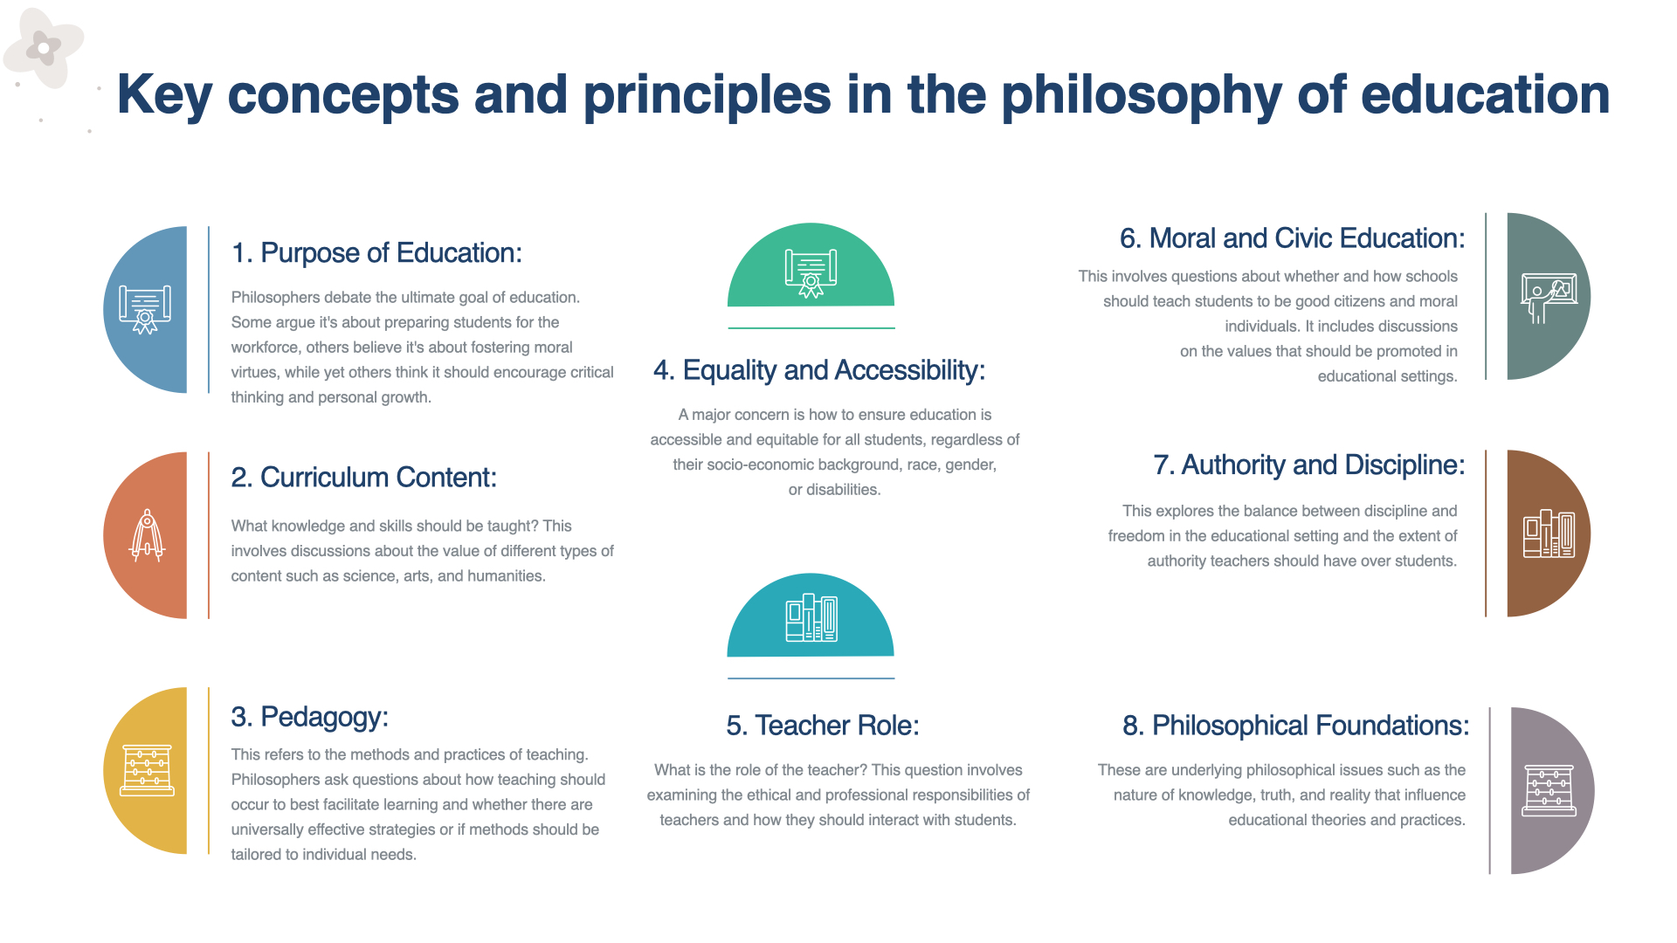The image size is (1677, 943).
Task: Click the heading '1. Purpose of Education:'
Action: tap(376, 253)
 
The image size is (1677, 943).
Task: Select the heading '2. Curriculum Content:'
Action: tap(364, 478)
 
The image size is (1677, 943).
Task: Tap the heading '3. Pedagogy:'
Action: tap(310, 717)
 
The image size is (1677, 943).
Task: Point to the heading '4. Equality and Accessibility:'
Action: tap(819, 370)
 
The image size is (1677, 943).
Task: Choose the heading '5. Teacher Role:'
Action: tap(823, 726)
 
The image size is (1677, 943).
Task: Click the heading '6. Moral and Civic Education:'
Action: tap(1293, 238)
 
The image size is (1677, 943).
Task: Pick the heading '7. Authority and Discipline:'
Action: tap(1309, 465)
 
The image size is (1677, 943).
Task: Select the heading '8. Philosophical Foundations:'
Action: tap(1296, 726)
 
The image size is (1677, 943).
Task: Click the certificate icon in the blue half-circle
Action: tap(145, 310)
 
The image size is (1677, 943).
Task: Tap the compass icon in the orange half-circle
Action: tap(147, 535)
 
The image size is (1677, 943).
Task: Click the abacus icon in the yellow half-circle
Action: tap(148, 770)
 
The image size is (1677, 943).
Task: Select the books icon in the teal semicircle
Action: tap(811, 618)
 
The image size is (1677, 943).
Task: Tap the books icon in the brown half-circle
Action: tap(1549, 533)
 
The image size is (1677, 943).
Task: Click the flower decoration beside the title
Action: tap(44, 48)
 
